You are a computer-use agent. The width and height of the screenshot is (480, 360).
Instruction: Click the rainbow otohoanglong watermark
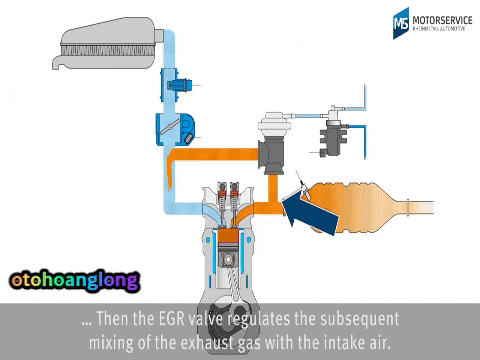pyautogui.click(x=73, y=281)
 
